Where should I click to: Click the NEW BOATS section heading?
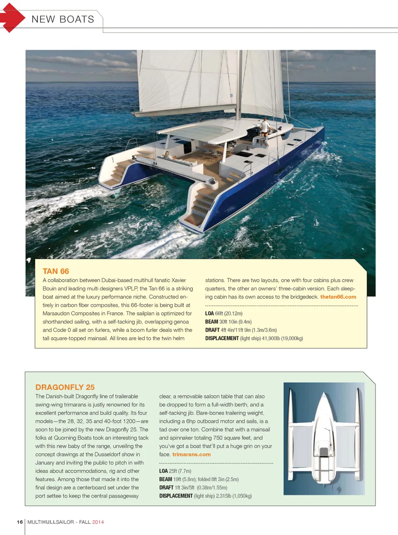(x=63, y=19)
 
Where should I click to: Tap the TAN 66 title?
(x=56, y=271)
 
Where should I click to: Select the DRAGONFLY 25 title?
(x=65, y=387)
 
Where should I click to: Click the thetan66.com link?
(x=338, y=297)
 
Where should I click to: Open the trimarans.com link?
(x=191, y=455)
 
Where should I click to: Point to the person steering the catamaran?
(x=264, y=126)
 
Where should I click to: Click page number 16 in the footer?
(x=19, y=522)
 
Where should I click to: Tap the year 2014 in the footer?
(x=98, y=522)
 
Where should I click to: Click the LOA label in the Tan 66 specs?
(x=209, y=314)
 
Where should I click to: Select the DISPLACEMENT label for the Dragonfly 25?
(x=176, y=496)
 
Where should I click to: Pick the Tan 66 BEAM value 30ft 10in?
(x=228, y=322)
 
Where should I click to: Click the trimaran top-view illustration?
(x=324, y=438)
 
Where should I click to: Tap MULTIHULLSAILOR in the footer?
(x=51, y=522)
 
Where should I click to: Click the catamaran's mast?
(x=239, y=83)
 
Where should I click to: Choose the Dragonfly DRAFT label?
(x=166, y=488)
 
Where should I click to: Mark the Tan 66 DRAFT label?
(x=212, y=330)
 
